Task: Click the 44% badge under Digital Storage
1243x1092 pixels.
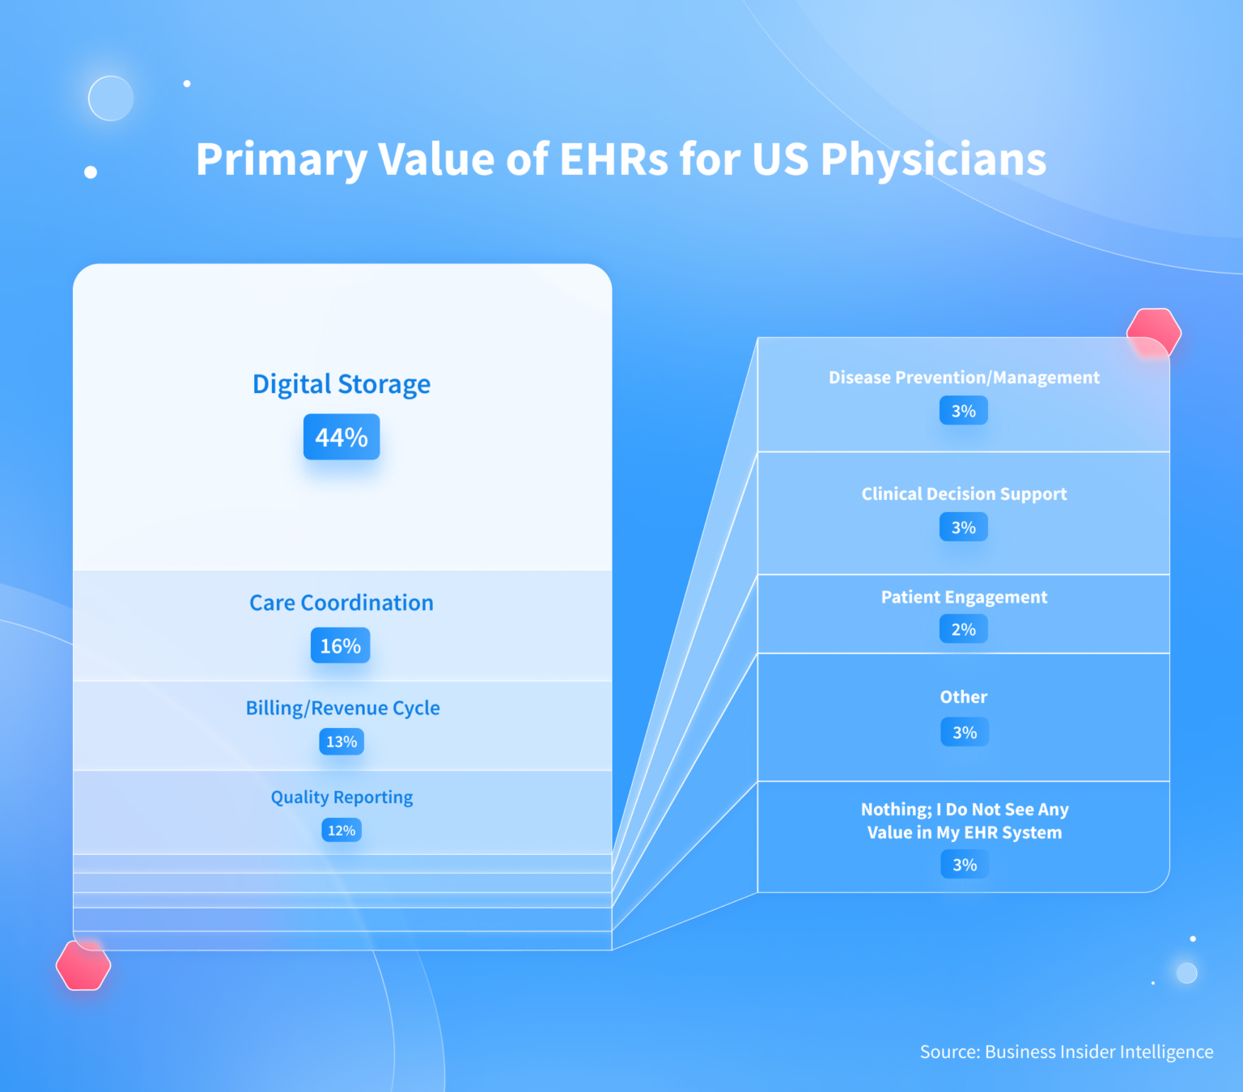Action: (x=342, y=437)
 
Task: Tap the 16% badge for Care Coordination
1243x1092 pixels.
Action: (x=341, y=645)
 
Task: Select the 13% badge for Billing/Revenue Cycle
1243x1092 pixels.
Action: (x=342, y=741)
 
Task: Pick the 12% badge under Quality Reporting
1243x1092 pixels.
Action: (x=342, y=830)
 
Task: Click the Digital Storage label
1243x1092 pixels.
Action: (x=342, y=384)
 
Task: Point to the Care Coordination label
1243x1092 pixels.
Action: (x=342, y=603)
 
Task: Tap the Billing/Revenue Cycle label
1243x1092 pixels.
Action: (x=343, y=708)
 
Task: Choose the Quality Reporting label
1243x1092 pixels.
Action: (x=342, y=797)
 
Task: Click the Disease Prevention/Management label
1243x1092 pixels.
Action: (x=964, y=378)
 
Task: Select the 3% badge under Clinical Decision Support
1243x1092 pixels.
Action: (x=964, y=527)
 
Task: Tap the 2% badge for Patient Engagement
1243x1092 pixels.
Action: (x=964, y=629)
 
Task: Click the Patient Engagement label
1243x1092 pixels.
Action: (x=964, y=597)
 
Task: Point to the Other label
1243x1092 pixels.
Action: (x=964, y=696)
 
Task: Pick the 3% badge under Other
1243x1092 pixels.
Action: (x=965, y=732)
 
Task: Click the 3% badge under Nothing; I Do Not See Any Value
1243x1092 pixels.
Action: (x=965, y=865)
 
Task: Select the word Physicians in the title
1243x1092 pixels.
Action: (x=933, y=159)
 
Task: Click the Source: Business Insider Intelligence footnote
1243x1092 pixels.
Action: (x=1067, y=1052)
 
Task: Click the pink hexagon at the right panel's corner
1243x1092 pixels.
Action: (x=1154, y=332)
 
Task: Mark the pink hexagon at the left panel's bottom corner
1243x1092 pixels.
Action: (x=83, y=965)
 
